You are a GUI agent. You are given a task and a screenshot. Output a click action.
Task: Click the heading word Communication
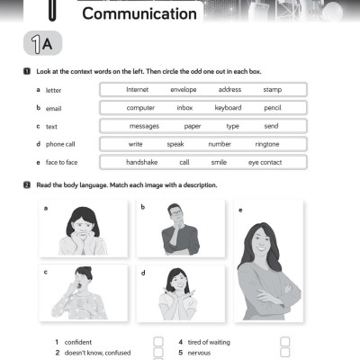[139, 13]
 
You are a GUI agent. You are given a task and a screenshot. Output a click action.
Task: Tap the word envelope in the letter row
[184, 90]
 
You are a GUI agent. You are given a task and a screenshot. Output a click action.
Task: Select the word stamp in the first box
[273, 90]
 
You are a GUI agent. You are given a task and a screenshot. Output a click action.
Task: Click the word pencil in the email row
[273, 108]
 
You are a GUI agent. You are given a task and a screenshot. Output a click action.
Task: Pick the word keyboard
[228, 108]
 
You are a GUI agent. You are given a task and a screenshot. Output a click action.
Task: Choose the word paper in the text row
[192, 126]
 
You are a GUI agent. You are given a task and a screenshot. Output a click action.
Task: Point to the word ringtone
[267, 144]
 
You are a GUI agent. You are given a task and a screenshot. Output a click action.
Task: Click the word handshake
[142, 162]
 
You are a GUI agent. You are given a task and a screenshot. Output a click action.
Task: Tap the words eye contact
[265, 162]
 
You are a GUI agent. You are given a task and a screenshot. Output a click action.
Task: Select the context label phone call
[61, 144]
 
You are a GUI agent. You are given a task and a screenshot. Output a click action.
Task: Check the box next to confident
[158, 342]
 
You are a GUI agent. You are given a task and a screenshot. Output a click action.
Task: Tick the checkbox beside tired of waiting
[284, 342]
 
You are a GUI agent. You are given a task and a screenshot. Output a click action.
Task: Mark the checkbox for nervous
[284, 354]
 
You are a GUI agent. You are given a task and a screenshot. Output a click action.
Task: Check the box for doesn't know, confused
[158, 354]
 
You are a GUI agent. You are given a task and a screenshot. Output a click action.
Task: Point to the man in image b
[178, 229]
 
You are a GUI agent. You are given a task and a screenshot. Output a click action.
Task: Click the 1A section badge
[41, 43]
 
